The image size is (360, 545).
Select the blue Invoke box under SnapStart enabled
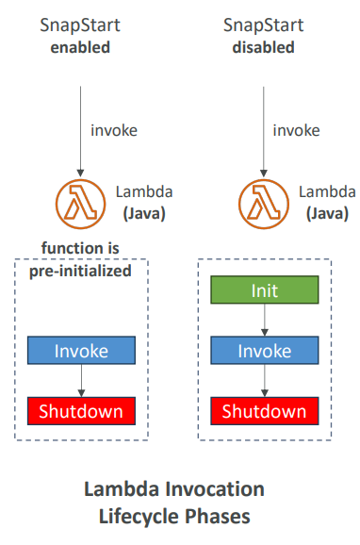click(x=81, y=351)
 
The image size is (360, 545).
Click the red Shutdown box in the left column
click(x=81, y=411)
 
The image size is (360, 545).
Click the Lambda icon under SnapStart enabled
click(x=81, y=201)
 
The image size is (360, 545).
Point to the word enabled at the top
click(x=81, y=47)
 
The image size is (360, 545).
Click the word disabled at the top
click(x=263, y=47)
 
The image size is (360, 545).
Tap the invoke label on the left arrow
click(x=115, y=130)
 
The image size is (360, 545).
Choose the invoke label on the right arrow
click(x=297, y=130)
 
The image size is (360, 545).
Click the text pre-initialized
click(x=81, y=270)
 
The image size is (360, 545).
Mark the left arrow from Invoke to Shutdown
click(x=81, y=381)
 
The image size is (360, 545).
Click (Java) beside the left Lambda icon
click(x=143, y=213)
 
